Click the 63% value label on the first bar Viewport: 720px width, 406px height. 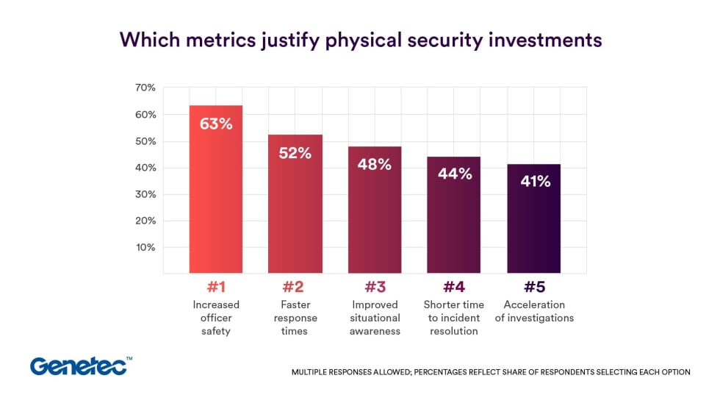click(x=215, y=124)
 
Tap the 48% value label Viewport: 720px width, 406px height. click(x=374, y=164)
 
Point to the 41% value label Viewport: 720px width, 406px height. click(x=533, y=181)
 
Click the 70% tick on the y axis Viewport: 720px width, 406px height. click(x=145, y=88)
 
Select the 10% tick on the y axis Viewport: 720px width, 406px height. click(x=145, y=247)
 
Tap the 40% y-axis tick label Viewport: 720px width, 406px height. click(x=145, y=168)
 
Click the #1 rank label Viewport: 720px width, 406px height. click(x=216, y=287)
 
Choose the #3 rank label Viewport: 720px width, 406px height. click(x=375, y=287)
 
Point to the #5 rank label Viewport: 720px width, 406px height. click(x=533, y=287)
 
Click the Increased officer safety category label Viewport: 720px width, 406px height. click(x=216, y=318)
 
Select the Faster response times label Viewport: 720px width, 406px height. click(x=295, y=318)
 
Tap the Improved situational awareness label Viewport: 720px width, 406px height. click(x=375, y=318)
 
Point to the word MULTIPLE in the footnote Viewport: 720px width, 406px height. click(x=312, y=372)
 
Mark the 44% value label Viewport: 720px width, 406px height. click(x=453, y=174)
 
